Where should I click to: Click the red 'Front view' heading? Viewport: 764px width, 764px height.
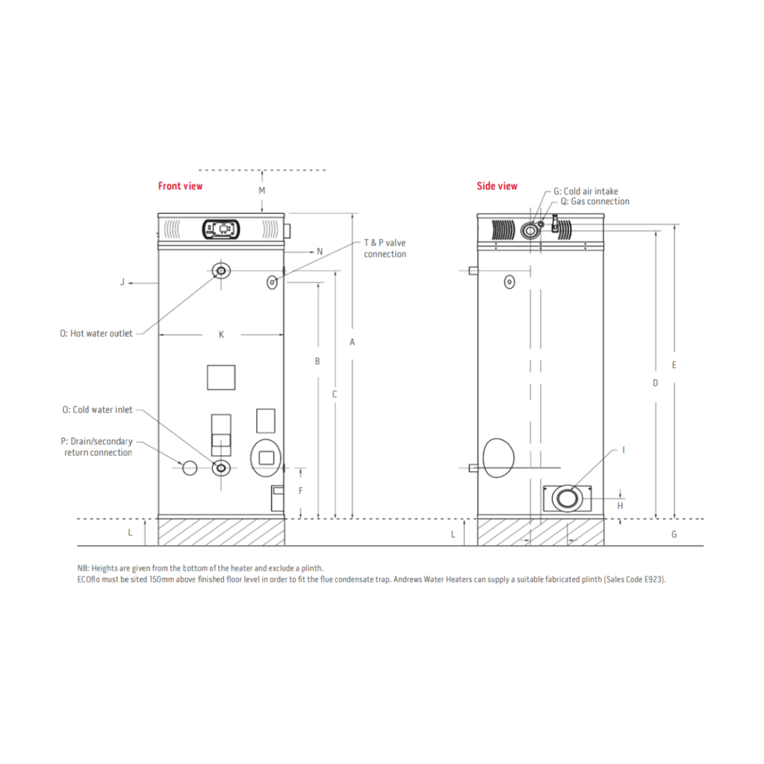point(180,186)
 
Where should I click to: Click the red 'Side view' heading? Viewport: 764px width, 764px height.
point(497,186)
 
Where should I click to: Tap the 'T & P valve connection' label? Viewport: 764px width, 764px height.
point(385,248)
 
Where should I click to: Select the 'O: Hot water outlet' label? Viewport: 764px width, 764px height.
point(96,334)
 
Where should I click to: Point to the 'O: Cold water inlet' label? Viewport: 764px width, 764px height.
point(97,410)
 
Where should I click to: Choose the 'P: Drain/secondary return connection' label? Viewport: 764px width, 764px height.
point(97,447)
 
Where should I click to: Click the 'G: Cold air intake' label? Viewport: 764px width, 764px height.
point(586,192)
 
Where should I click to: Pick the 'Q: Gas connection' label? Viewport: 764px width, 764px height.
point(594,202)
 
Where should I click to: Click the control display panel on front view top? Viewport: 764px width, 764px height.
point(221,229)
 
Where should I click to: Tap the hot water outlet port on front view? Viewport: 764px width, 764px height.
point(221,271)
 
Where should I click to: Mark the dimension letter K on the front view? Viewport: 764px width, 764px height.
point(221,335)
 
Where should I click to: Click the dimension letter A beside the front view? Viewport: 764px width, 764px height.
point(352,343)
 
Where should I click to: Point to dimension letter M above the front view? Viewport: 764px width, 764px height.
point(262,191)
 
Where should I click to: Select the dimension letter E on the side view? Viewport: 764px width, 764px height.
point(674,365)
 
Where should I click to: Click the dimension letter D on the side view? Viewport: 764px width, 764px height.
point(655,383)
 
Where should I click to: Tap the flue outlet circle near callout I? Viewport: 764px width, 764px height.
point(567,498)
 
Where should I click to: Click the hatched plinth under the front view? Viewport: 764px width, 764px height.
point(221,532)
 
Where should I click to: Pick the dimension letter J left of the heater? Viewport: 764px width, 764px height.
point(122,282)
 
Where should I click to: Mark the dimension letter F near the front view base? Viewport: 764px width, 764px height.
point(301,491)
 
